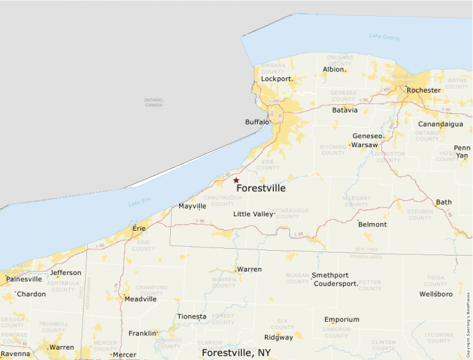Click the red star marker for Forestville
pos(236,180)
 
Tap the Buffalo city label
pos(257,122)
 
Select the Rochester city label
pos(423,91)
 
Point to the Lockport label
pos(277,79)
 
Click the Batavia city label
pos(345,110)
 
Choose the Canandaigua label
pos(440,124)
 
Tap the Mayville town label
pos(192,206)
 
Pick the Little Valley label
pos(253,214)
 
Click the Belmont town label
pos(372,225)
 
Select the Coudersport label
pos(335,283)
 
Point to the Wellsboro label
pos(436,294)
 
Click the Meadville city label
pos(140,299)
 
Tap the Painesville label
pos(24,279)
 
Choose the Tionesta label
pos(192,316)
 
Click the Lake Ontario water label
pos(384,36)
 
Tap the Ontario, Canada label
pos(154,102)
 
